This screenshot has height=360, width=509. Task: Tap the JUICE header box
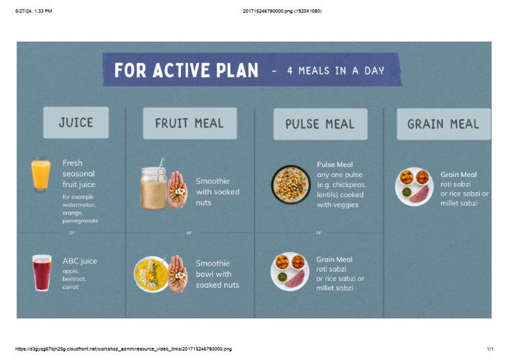(76, 123)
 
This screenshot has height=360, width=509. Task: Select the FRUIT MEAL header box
(190, 123)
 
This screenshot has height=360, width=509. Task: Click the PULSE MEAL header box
(320, 124)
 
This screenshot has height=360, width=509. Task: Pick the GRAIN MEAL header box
(443, 124)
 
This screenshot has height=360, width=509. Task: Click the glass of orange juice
(41, 175)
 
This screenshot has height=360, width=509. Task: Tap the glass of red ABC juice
(42, 272)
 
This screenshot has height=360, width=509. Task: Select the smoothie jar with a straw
(153, 188)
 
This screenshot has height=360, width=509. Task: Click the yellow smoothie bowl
(150, 274)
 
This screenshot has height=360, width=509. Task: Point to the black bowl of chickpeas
(290, 184)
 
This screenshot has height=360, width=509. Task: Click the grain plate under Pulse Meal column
(290, 271)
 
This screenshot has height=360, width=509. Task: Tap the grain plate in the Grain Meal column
(414, 186)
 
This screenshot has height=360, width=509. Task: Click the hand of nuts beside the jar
(177, 190)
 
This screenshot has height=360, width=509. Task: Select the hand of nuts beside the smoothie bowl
(177, 274)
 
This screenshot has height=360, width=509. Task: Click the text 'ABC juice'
(80, 261)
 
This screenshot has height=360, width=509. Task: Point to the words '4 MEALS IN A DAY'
(335, 70)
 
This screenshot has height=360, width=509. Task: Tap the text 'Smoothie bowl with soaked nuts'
(217, 274)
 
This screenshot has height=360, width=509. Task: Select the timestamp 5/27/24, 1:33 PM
(33, 11)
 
